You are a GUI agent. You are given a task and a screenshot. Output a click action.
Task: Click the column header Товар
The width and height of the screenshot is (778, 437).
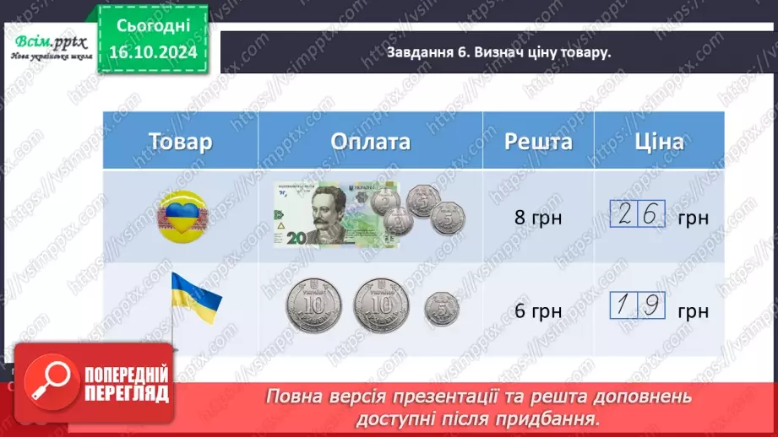[180, 141]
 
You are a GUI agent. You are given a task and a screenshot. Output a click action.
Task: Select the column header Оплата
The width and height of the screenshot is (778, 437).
[371, 141]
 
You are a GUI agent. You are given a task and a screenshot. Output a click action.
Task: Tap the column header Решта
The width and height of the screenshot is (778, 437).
[538, 141]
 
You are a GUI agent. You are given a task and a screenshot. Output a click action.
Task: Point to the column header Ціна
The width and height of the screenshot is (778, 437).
[658, 141]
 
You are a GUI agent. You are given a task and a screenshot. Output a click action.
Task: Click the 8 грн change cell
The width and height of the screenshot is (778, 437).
[538, 217]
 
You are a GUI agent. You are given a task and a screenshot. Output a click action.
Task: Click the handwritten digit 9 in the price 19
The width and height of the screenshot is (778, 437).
[651, 308]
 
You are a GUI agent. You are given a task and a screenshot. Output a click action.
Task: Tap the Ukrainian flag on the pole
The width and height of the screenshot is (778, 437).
[195, 294]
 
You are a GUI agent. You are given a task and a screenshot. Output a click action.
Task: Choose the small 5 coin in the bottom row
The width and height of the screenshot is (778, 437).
[441, 308]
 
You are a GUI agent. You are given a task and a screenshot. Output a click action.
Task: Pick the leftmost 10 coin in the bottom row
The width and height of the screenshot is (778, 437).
[312, 305]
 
